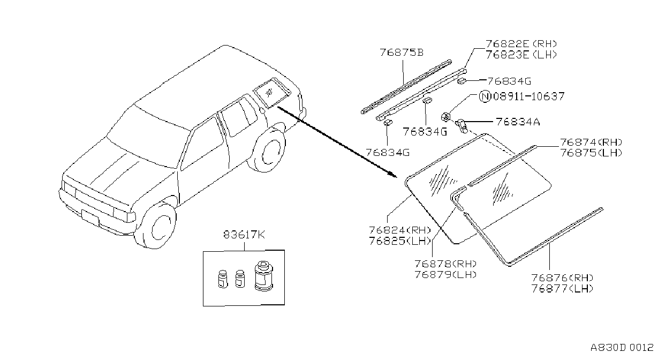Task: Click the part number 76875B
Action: pyautogui.click(x=402, y=52)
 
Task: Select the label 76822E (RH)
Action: pyautogui.click(x=521, y=44)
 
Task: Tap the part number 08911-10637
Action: pyautogui.click(x=529, y=96)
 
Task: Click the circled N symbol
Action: pyautogui.click(x=485, y=96)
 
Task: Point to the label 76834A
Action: pyautogui.click(x=518, y=122)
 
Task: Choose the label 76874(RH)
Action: pyautogui.click(x=591, y=142)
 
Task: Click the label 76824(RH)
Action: pyautogui.click(x=400, y=230)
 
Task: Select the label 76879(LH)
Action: pyautogui.click(x=445, y=274)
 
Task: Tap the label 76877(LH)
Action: pyautogui.click(x=562, y=289)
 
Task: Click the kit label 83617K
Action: pyautogui.click(x=244, y=235)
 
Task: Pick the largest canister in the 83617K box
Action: pyautogui.click(x=264, y=276)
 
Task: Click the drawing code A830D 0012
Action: pyautogui.click(x=622, y=347)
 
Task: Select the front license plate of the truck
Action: pyautogui.click(x=90, y=217)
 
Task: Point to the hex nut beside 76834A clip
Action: pyautogui.click(x=445, y=117)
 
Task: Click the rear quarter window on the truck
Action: pyautogui.click(x=271, y=92)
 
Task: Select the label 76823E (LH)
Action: pyautogui.click(x=521, y=55)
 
